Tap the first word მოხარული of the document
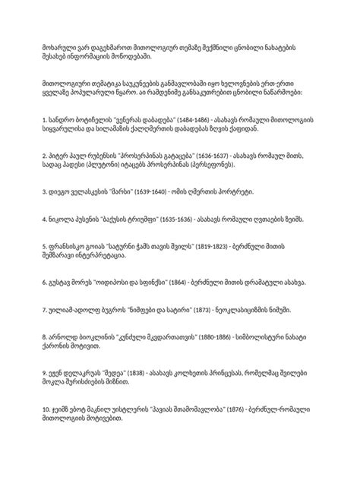click(x=59, y=48)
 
